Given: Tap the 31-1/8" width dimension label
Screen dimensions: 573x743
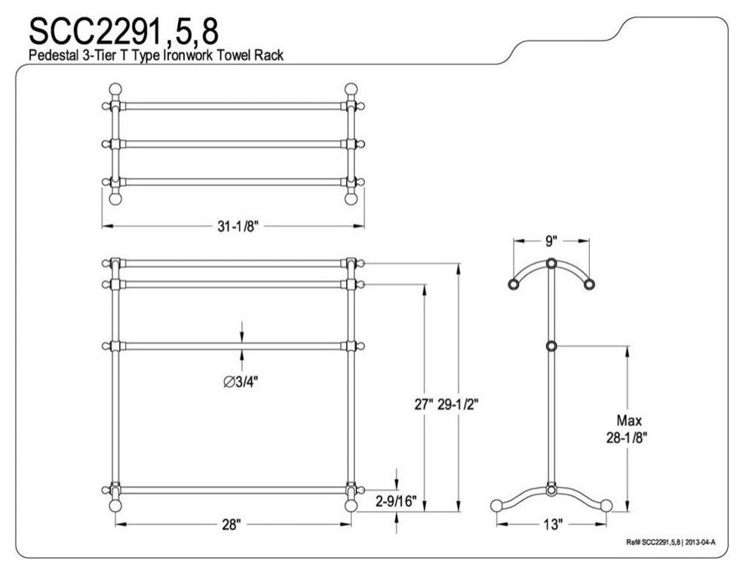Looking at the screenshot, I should (235, 225).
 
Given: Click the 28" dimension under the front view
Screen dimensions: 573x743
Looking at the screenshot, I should (232, 525).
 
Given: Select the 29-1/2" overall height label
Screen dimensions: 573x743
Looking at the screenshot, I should (459, 403).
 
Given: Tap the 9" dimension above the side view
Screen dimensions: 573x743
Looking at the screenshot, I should (551, 241).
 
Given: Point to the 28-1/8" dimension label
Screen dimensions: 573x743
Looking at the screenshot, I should (625, 437).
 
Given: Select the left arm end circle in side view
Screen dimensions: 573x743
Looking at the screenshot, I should (514, 284).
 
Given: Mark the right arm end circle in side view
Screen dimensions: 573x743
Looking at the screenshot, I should (589, 284).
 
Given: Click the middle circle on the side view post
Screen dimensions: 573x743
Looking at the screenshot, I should (551, 346).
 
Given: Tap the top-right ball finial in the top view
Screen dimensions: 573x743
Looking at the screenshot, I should (350, 87).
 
